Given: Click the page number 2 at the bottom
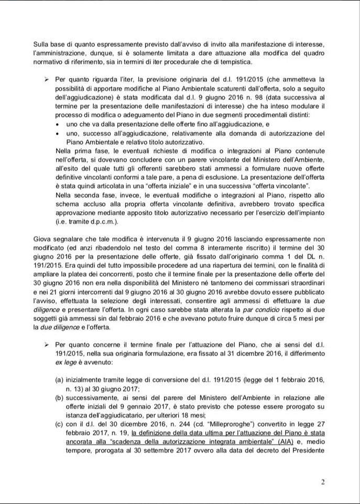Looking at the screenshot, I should pos(323,481).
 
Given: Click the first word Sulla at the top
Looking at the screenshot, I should pos(42,44).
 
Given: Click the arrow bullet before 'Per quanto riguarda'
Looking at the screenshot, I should pos(46,79).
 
